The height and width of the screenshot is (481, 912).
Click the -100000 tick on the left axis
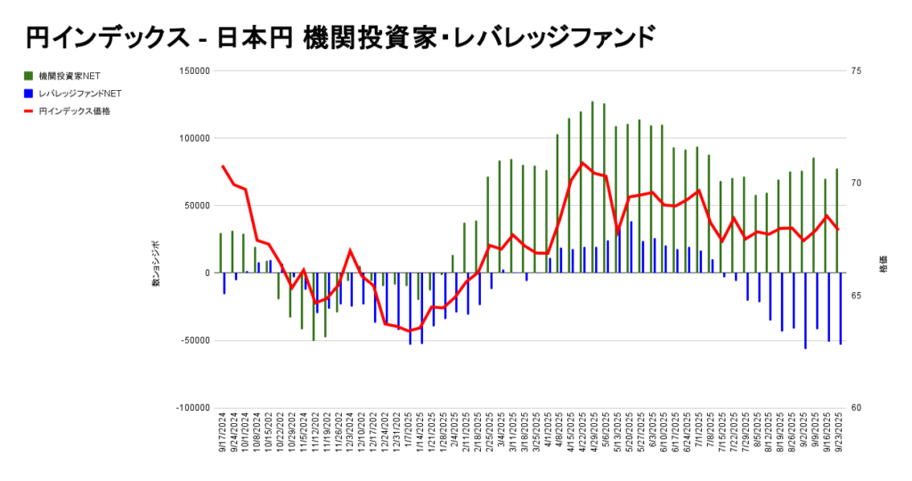[x=191, y=408]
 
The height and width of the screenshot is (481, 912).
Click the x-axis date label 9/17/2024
[x=222, y=434]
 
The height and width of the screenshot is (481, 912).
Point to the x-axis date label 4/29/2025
[x=593, y=434]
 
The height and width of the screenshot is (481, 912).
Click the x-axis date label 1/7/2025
[x=407, y=434]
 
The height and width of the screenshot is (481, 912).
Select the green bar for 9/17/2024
[x=221, y=253]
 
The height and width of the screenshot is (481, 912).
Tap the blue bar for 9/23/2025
[x=841, y=308]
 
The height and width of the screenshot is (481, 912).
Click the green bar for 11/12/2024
[x=313, y=306]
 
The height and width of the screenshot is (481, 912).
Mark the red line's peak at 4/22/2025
[x=582, y=163]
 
